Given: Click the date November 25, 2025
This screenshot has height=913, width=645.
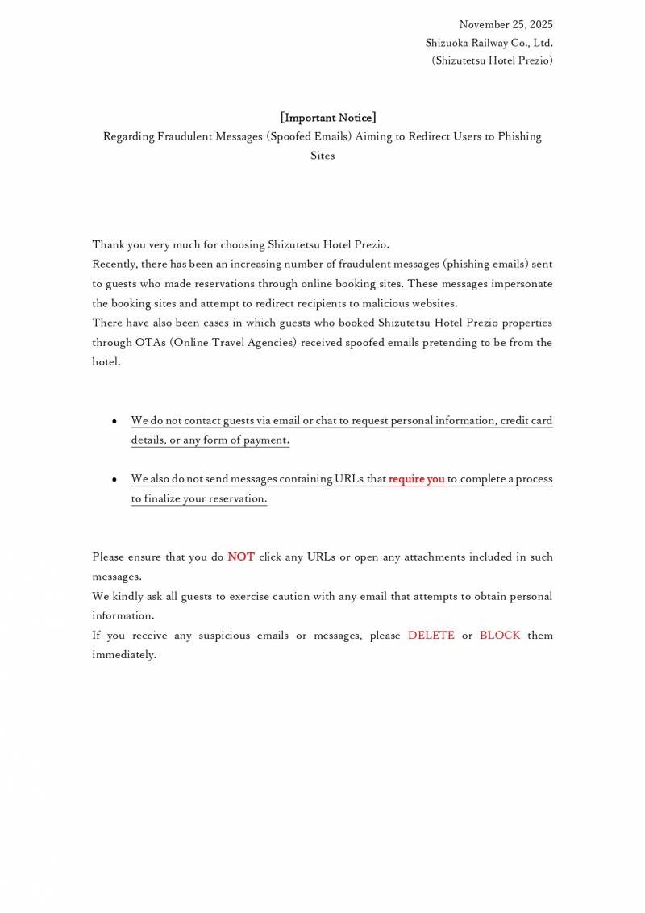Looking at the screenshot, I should [x=506, y=24].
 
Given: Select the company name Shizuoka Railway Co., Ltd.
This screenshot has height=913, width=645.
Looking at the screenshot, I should [x=489, y=43].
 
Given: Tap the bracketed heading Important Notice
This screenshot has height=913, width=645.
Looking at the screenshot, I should [x=328, y=118].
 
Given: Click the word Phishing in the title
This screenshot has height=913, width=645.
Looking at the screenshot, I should [x=518, y=136].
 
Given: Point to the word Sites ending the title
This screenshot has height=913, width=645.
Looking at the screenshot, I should [x=322, y=156].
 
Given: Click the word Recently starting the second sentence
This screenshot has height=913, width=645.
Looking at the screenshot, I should [x=114, y=264].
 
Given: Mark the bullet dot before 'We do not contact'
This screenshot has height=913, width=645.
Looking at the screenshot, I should [x=115, y=422].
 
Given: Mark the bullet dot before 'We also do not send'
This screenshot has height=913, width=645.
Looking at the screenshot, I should [x=115, y=480].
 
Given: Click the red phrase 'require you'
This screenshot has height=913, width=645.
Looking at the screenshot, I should [x=417, y=479].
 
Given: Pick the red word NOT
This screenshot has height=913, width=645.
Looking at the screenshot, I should [x=241, y=557].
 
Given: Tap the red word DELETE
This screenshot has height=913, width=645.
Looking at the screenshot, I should [x=431, y=635].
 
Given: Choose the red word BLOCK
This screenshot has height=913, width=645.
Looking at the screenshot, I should [x=500, y=635].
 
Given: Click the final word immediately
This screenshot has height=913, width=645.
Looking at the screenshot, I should [x=123, y=654].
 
